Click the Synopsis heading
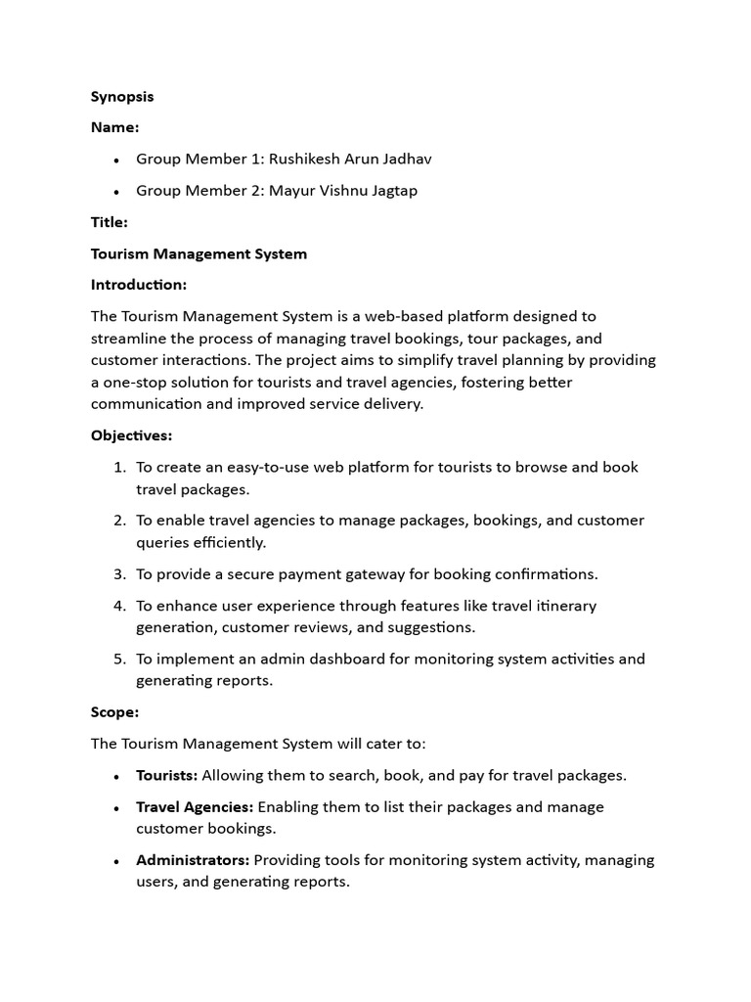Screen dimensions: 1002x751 pos(122,96)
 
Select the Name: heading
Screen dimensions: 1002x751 pos(114,127)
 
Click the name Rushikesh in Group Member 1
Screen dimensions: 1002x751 pos(306,159)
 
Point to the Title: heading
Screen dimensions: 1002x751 pos(110,222)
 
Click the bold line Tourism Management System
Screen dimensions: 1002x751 pos(199,253)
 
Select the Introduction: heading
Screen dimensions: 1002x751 pos(139,285)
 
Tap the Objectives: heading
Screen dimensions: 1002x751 pos(131,435)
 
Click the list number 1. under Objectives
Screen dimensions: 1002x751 pos(120,467)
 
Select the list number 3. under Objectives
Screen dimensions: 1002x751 pos(120,573)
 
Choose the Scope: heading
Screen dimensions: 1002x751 pos(114,712)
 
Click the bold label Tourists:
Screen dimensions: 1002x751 pos(166,775)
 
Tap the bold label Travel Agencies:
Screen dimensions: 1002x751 pos(195,806)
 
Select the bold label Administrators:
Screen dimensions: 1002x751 pos(194,860)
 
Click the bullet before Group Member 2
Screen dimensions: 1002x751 pos(116,191)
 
